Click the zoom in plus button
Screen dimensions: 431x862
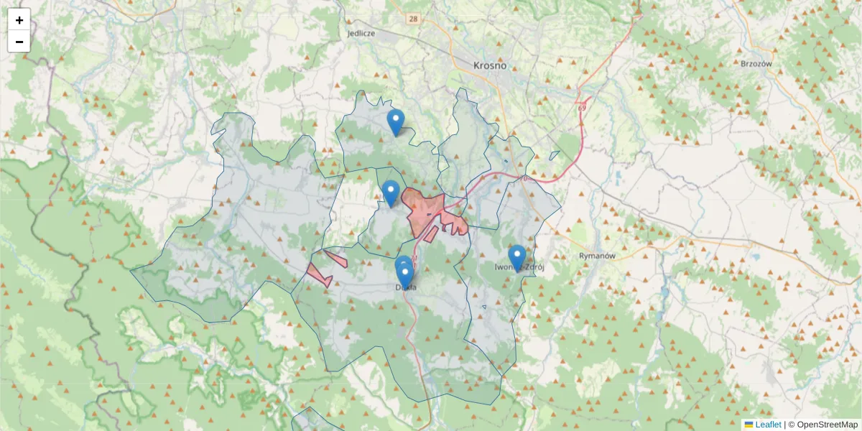pyautogui.click(x=19, y=20)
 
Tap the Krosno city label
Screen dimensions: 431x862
pyautogui.click(x=490, y=65)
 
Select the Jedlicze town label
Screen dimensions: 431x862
pyautogui.click(x=361, y=33)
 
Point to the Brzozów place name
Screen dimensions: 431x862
pyautogui.click(x=755, y=63)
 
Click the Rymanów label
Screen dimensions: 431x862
pyautogui.click(x=598, y=256)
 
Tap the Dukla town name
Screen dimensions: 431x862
pyautogui.click(x=406, y=287)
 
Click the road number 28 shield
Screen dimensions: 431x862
pyautogui.click(x=412, y=18)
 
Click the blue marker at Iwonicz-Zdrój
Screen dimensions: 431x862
pyautogui.click(x=517, y=257)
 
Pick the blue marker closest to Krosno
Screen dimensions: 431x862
pyautogui.click(x=395, y=121)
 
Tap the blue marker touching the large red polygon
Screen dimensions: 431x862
pyautogui.click(x=391, y=193)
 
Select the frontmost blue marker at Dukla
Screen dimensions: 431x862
pyautogui.click(x=405, y=276)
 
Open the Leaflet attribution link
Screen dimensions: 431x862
pyautogui.click(x=768, y=425)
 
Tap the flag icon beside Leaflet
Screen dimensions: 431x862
pyautogui.click(x=749, y=425)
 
